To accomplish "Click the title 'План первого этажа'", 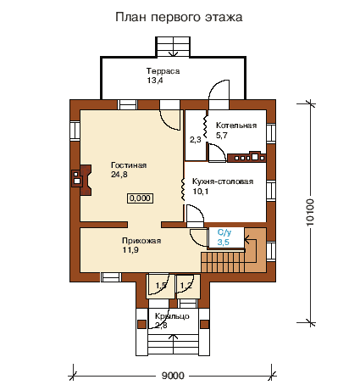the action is coord(179,17).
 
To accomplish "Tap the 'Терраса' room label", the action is coord(163,70).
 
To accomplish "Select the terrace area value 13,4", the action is coord(155,81).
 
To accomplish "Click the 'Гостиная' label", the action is coord(129,165).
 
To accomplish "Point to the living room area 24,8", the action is coord(119,175).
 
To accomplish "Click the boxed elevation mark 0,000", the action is coord(140,198).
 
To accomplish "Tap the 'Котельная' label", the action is coord(236,126).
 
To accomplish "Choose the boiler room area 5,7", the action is coord(222,135).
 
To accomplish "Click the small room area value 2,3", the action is coord(196,139).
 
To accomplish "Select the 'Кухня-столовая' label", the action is coord(223,181).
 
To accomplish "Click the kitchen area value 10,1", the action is coord(201,192).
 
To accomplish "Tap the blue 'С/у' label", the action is coord(224,232).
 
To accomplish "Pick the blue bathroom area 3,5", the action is coord(223,243).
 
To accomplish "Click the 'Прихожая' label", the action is coord(141,241).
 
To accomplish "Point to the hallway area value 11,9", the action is coord(130,250).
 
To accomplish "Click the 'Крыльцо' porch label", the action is coord(172,316).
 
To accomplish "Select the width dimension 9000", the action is coord(173,376).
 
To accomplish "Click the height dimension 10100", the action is coord(310,212).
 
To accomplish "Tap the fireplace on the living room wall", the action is coord(81,180).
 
